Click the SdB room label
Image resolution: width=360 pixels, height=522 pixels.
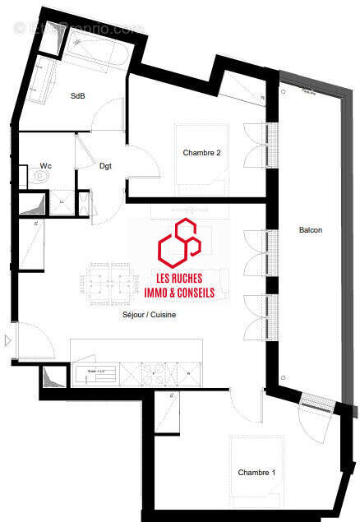[x=77, y=96]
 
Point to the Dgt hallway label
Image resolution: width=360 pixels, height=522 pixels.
[x=105, y=166]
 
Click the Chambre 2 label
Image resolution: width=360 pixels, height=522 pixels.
[x=201, y=153]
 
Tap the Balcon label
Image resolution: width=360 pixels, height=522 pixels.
[x=311, y=230]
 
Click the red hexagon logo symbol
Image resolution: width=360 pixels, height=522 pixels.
[x=179, y=241]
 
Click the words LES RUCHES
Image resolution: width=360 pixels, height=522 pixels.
[x=178, y=277]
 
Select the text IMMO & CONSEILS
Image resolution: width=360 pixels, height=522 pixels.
[x=178, y=292]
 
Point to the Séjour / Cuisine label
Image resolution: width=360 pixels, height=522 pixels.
[x=150, y=315]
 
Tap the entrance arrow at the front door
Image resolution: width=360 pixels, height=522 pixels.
[x=8, y=340]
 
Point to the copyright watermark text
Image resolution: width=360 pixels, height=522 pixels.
[x=79, y=29]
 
